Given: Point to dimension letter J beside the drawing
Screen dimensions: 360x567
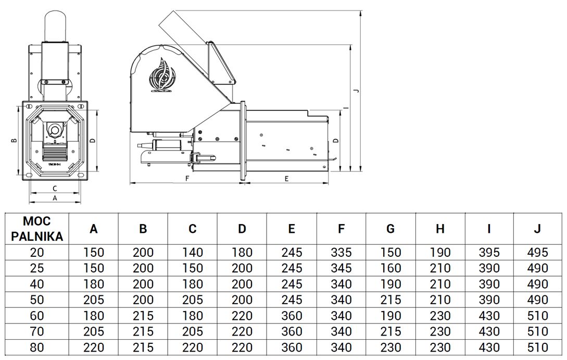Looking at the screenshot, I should click(x=357, y=90).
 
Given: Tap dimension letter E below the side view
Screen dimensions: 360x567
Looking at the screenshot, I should click(x=286, y=178).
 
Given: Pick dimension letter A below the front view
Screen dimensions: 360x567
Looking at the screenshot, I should click(x=55, y=198).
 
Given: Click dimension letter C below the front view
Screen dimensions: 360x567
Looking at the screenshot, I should click(x=55, y=188).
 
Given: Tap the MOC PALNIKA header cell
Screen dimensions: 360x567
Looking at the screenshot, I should click(x=37, y=228).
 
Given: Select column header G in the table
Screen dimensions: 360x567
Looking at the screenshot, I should click(x=390, y=229).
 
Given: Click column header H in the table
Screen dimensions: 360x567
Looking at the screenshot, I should click(x=440, y=229).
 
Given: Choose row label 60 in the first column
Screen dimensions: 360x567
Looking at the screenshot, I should click(x=37, y=316).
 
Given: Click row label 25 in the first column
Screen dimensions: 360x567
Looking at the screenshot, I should click(x=37, y=268).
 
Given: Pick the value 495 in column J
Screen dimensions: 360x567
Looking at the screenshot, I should click(x=538, y=253).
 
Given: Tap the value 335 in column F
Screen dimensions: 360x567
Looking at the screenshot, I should click(x=341, y=253).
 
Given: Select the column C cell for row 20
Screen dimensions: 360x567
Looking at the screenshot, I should click(x=193, y=253).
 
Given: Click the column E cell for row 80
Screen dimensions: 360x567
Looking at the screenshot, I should click(x=292, y=347).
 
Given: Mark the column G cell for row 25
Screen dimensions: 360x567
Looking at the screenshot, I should click(x=390, y=268).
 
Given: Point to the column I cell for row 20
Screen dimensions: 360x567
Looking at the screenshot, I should click(x=489, y=253).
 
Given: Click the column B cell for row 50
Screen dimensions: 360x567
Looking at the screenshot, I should click(x=143, y=300).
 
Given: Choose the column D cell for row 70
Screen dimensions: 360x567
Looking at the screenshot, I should click(x=242, y=331).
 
